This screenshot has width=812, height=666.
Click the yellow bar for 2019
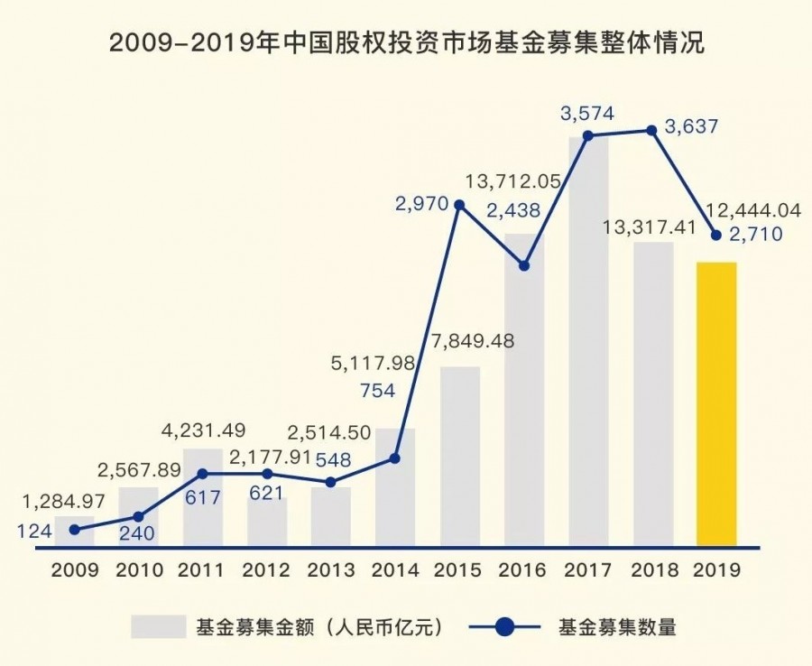tap(717, 404)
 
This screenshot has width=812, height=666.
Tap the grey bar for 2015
tap(460, 456)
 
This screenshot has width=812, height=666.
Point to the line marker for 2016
tap(524, 265)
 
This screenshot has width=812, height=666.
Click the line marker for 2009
tap(75, 530)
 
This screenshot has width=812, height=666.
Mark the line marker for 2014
tap(395, 458)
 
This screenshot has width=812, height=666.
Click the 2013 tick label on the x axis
tap(331, 570)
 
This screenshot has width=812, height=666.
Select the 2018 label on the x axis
tap(653, 570)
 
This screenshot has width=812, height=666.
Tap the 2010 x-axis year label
tap(138, 570)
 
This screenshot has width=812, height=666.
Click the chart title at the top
tap(406, 42)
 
